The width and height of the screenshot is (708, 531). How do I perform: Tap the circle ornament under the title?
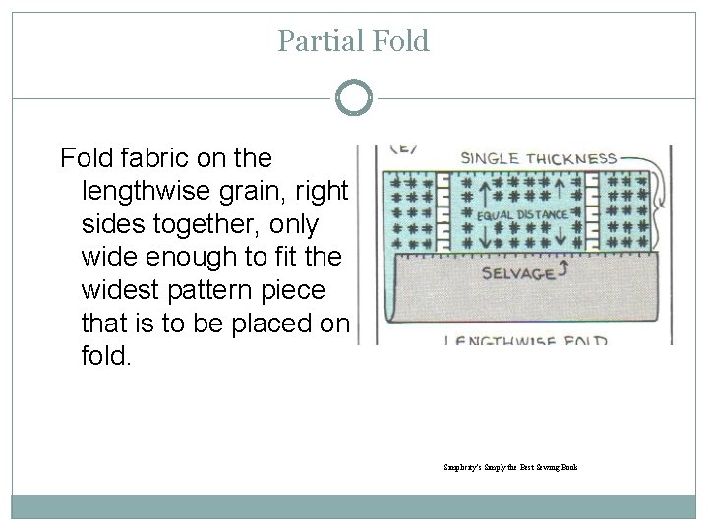354,98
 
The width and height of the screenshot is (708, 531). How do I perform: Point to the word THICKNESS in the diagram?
577,158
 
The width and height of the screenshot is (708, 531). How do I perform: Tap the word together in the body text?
204,223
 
